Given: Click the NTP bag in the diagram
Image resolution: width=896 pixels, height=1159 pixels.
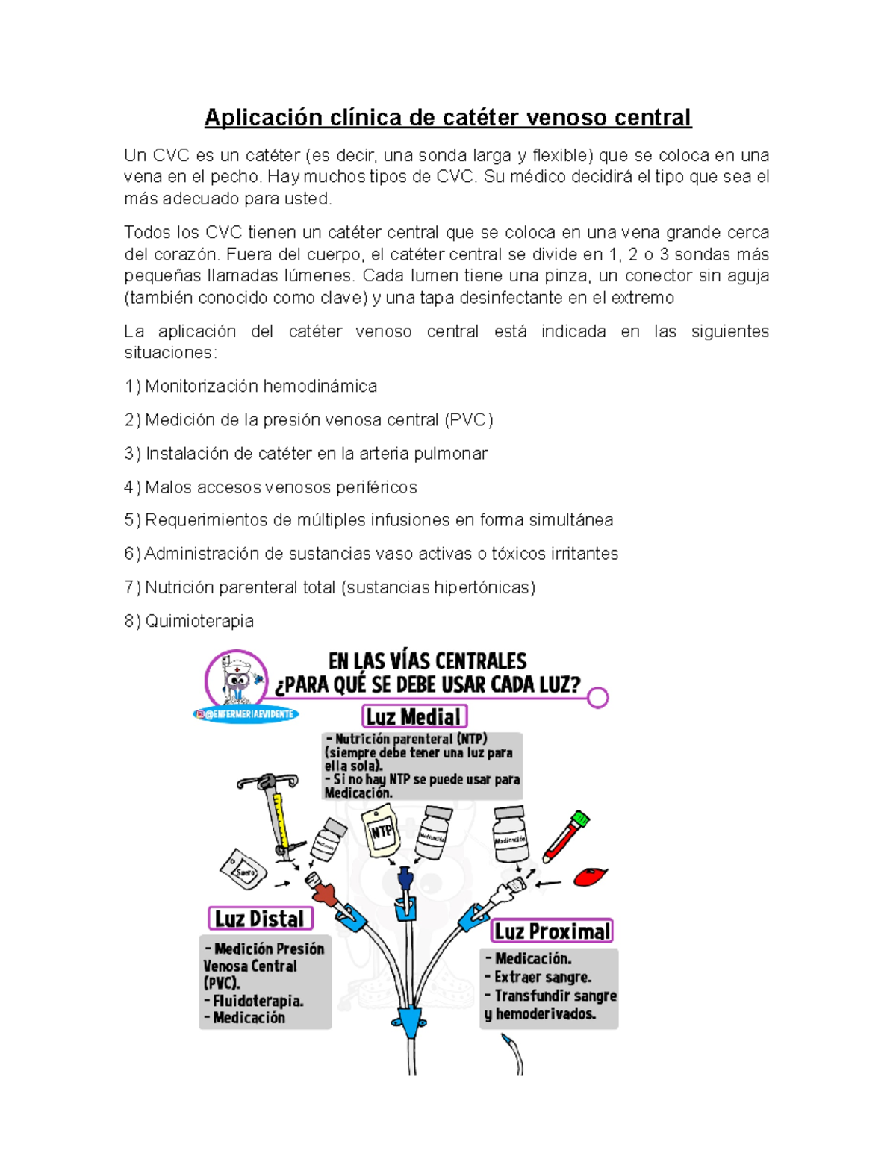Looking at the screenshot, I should point(381,832).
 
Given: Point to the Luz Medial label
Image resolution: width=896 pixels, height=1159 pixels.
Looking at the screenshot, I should point(414,716).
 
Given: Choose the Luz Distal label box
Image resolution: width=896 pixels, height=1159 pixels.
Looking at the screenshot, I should point(260,919).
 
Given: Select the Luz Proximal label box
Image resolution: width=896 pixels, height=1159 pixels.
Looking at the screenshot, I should point(552,931).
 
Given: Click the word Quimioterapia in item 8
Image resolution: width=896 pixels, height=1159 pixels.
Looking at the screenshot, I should point(199,621).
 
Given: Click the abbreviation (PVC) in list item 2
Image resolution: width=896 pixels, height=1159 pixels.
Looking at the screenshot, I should point(469,420).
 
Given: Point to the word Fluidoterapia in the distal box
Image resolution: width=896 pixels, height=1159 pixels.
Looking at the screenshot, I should point(258,1001).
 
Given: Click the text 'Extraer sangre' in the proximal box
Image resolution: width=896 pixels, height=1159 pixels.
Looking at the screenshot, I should point(542,977).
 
